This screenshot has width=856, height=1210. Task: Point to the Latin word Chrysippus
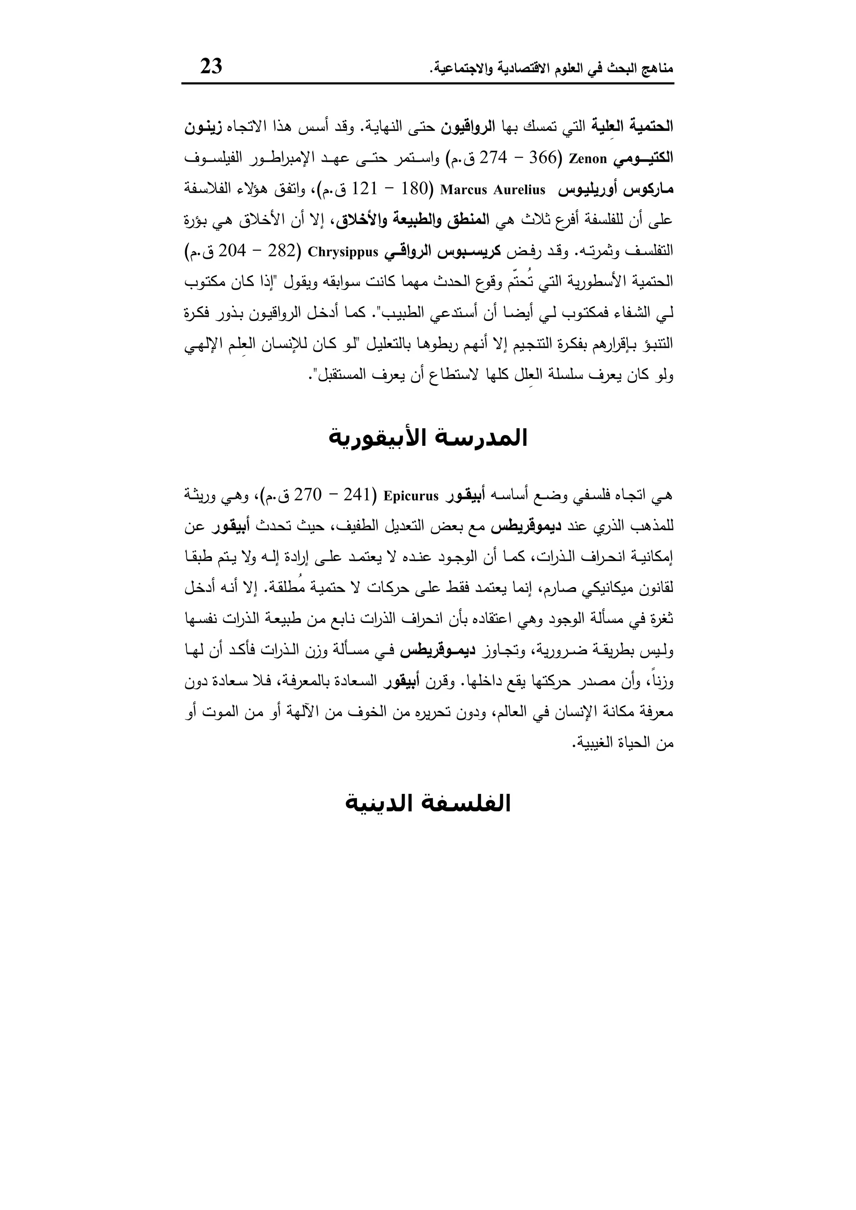click(x=343, y=252)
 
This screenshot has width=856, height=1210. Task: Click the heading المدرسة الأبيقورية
click(x=428, y=438)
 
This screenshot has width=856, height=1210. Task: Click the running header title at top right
click(x=551, y=69)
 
